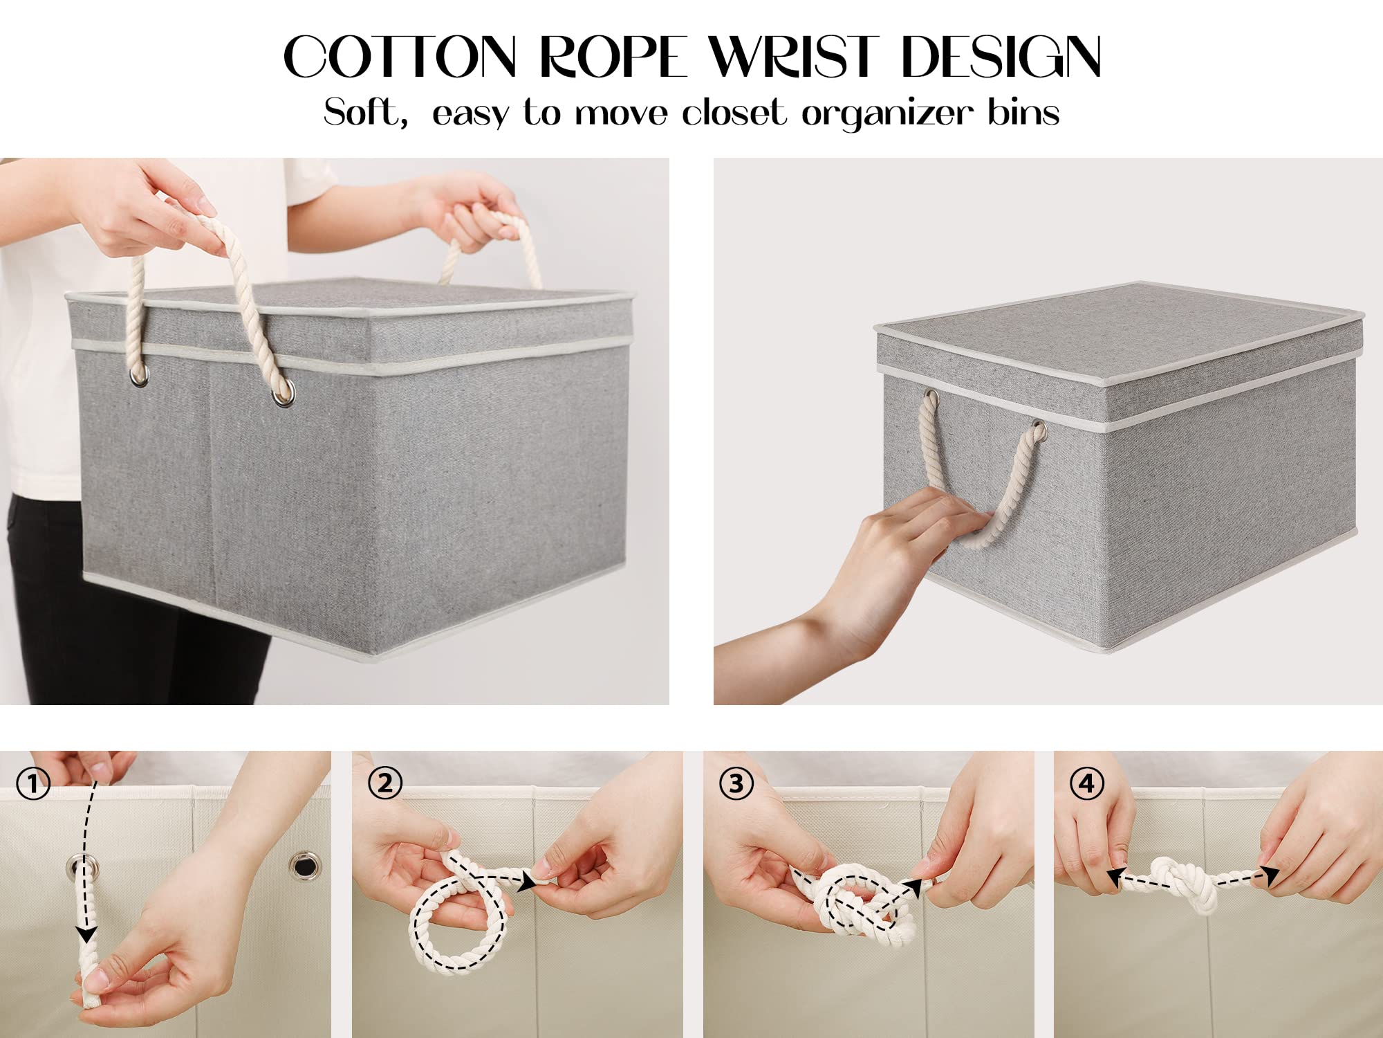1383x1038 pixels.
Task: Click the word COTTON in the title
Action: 400,57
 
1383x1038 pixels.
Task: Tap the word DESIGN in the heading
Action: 1001,57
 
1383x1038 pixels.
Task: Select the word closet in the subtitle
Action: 734,113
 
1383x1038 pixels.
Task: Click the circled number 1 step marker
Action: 33,784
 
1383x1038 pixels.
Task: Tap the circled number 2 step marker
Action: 384,783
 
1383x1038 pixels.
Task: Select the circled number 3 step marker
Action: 736,783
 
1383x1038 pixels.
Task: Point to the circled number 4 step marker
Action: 1086,783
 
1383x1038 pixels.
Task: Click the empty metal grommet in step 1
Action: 305,864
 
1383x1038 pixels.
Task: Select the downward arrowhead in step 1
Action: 86,934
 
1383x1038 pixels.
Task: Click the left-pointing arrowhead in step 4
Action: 1115,878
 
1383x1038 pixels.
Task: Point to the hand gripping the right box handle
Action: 892,547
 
